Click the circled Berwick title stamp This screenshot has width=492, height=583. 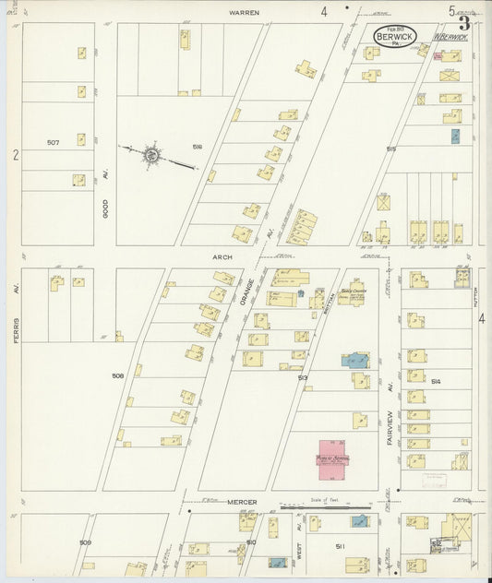click(394, 36)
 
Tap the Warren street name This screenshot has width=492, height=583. click(245, 13)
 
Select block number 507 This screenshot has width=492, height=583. click(54, 142)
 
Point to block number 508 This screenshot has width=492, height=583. click(118, 376)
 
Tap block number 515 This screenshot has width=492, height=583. click(391, 149)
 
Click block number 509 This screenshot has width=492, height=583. click(85, 541)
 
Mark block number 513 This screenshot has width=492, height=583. click(303, 377)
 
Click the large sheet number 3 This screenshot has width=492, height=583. click(464, 25)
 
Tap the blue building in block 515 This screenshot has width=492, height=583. click(455, 137)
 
